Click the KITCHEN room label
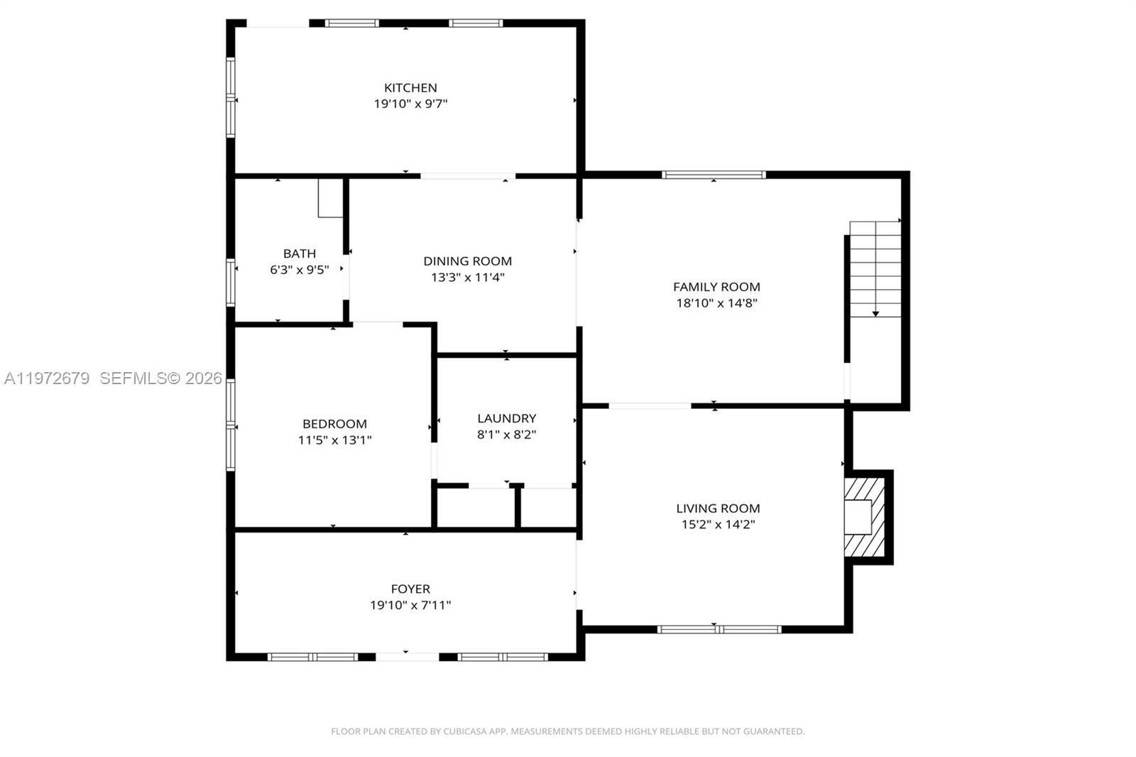[x=410, y=88]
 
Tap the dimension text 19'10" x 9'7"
[x=410, y=104]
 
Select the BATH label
[x=299, y=254]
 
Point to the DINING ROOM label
[x=467, y=261]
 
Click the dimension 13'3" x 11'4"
[x=467, y=277]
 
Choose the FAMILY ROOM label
[x=716, y=287]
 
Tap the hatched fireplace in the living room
[x=865, y=517]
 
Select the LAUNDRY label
[x=506, y=418]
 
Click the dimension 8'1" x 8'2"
[x=506, y=434]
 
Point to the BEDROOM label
[x=334, y=424]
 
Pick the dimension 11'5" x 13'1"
[x=334, y=440]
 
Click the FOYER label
[x=410, y=589]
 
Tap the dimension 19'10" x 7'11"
[x=410, y=605]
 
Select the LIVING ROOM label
[x=718, y=508]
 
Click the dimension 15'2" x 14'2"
[x=718, y=524]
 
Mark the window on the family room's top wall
[x=714, y=175]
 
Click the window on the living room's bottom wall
[x=719, y=629]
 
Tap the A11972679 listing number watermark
[x=47, y=378]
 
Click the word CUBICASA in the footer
[x=466, y=731]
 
